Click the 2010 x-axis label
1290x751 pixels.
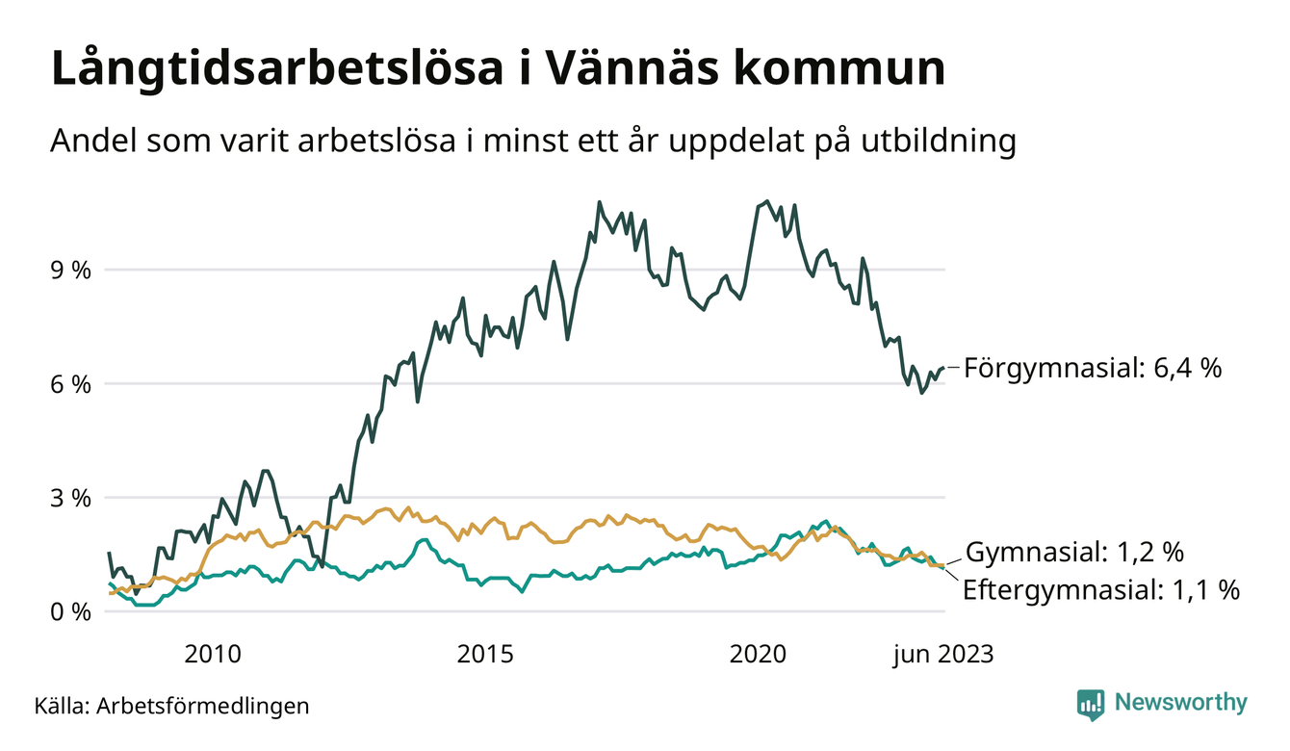pyautogui.click(x=212, y=655)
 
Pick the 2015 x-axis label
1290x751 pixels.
pyautogui.click(x=485, y=655)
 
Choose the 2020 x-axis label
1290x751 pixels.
pyautogui.click(x=759, y=655)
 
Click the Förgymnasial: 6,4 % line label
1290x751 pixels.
pyautogui.click(x=1093, y=368)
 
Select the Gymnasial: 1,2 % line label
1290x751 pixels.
pyautogui.click(x=1074, y=553)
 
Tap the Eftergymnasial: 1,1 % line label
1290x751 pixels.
pyautogui.click(x=1100, y=590)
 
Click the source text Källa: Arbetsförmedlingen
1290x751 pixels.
pyautogui.click(x=171, y=706)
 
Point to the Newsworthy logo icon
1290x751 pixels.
pyautogui.click(x=1090, y=704)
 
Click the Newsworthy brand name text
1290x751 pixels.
pyautogui.click(x=1180, y=703)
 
